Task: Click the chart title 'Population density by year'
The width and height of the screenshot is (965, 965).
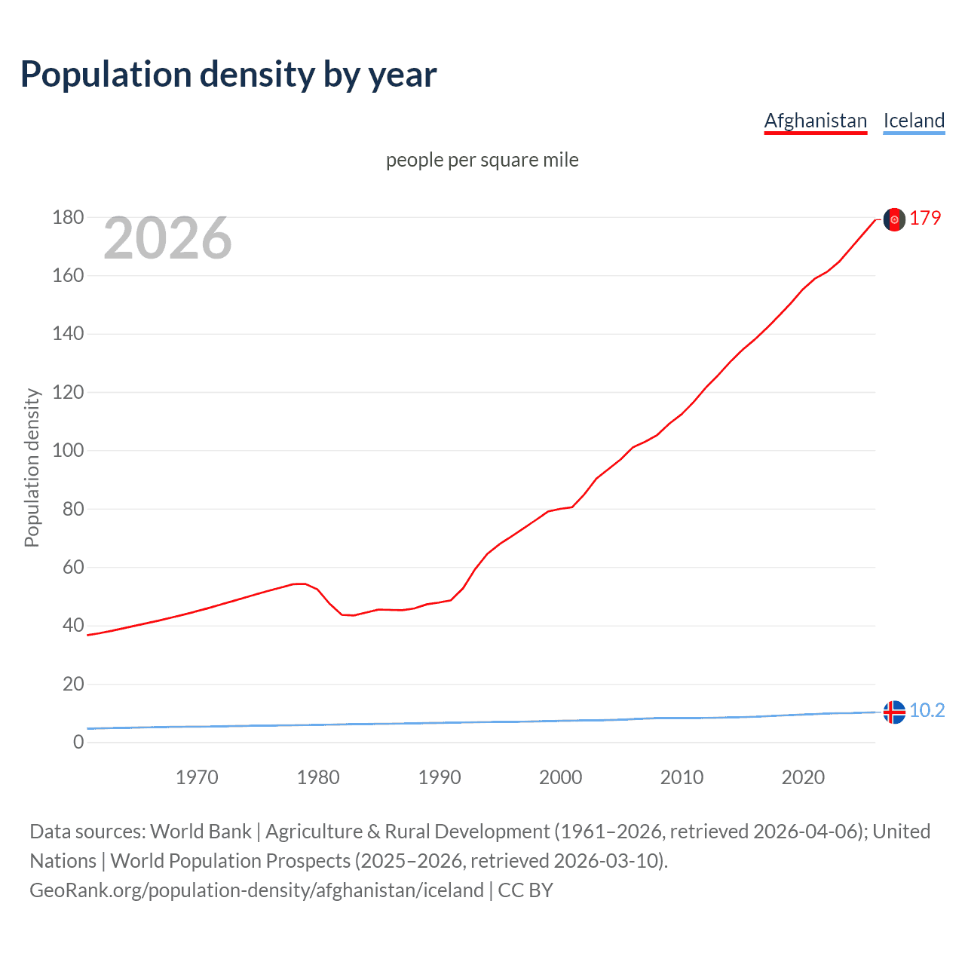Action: click(x=228, y=75)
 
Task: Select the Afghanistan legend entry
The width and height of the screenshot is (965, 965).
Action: click(x=815, y=121)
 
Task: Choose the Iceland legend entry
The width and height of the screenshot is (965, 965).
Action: click(x=914, y=121)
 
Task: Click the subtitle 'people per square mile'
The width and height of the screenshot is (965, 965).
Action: click(x=482, y=160)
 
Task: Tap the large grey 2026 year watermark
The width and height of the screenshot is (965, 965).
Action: click(x=167, y=238)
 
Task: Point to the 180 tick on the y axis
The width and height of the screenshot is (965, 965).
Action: click(x=68, y=217)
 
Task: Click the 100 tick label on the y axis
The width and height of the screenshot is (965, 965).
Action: click(x=68, y=451)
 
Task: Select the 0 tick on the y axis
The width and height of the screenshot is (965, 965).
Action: click(x=78, y=742)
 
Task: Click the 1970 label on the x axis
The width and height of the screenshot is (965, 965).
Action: click(x=197, y=777)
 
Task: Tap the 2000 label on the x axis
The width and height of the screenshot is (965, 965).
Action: click(x=560, y=777)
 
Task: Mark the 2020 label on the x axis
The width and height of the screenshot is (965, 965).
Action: click(x=803, y=777)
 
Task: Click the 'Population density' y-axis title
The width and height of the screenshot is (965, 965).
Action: click(x=32, y=467)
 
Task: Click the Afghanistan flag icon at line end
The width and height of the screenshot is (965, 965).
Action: click(x=894, y=219)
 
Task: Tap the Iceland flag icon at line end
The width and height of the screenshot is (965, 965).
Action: click(x=894, y=712)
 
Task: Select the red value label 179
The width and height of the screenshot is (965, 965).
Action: click(x=925, y=218)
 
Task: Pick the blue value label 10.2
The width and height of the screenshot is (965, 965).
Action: click(x=927, y=710)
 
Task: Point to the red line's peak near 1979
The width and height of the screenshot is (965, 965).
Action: click(x=300, y=584)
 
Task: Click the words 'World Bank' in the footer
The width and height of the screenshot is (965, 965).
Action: click(x=201, y=831)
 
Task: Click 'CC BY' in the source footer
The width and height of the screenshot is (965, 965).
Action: click(x=525, y=890)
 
